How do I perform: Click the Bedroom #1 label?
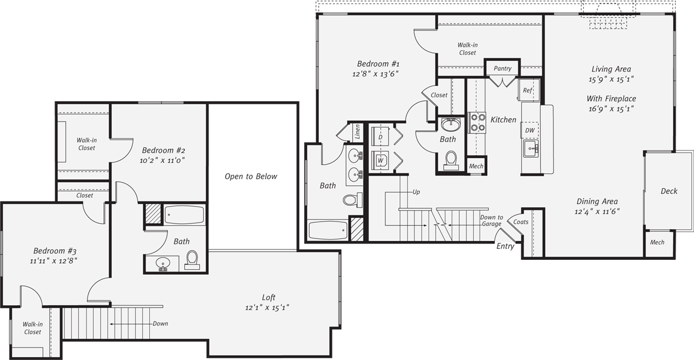coord(374,63)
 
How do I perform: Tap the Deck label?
coord(668,191)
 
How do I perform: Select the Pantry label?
coord(502,68)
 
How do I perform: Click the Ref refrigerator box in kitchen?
coord(528,90)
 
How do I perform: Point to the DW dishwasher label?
coord(529,131)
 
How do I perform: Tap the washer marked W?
coord(380,161)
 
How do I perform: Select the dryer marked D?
coord(380,136)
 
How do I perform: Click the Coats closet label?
coord(521,222)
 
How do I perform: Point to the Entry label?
coord(505,246)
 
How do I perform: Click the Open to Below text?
coord(250,176)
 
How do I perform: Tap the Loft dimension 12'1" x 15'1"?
coord(267,307)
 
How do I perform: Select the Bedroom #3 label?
coord(54,251)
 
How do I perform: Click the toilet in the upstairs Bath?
coord(192,259)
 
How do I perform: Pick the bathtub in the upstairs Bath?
coord(184,214)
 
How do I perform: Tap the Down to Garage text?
coord(491,220)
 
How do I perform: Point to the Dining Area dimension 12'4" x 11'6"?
coord(597,211)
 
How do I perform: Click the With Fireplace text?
coord(611,98)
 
